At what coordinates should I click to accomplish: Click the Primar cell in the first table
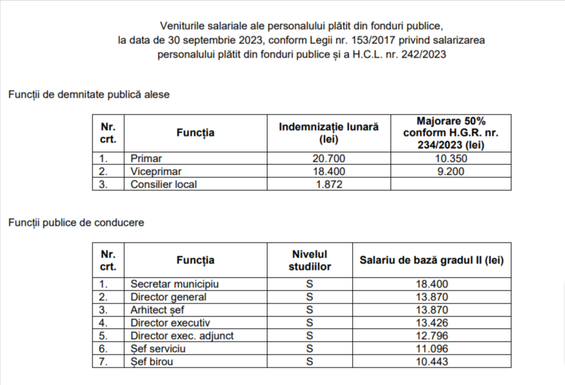tap(146, 159)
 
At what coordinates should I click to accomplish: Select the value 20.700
tap(329, 159)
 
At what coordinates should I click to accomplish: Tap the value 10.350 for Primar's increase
tap(450, 159)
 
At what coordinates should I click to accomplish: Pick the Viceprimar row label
tap(156, 171)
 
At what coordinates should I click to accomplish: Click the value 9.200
tap(450, 171)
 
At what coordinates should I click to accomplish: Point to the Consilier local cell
tap(163, 184)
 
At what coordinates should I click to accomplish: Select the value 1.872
tap(329, 184)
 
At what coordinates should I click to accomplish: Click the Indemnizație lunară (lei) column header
tap(329, 133)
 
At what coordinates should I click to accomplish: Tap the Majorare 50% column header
tap(450, 133)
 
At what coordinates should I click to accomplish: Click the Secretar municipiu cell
tap(174, 284)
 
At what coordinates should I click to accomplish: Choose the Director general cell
tap(168, 297)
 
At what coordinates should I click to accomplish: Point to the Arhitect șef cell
tap(158, 310)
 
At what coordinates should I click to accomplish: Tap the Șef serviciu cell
tap(159, 349)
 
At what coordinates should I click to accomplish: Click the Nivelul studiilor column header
tap(309, 260)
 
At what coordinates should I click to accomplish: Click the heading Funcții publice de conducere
tap(76, 223)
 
